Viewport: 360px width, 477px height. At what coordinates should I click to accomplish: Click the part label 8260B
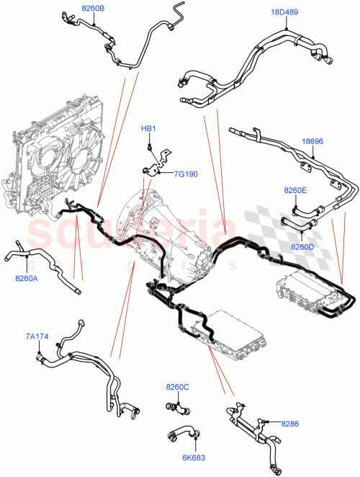coord(93,8)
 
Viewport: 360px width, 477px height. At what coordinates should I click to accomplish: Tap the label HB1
coord(148,129)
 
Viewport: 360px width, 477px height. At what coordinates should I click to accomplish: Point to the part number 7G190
coord(187,174)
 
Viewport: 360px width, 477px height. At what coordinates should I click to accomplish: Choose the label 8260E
coord(294,190)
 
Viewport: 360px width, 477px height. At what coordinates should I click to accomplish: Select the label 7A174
coord(38,336)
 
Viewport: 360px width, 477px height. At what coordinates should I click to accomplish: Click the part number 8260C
coord(177,387)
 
